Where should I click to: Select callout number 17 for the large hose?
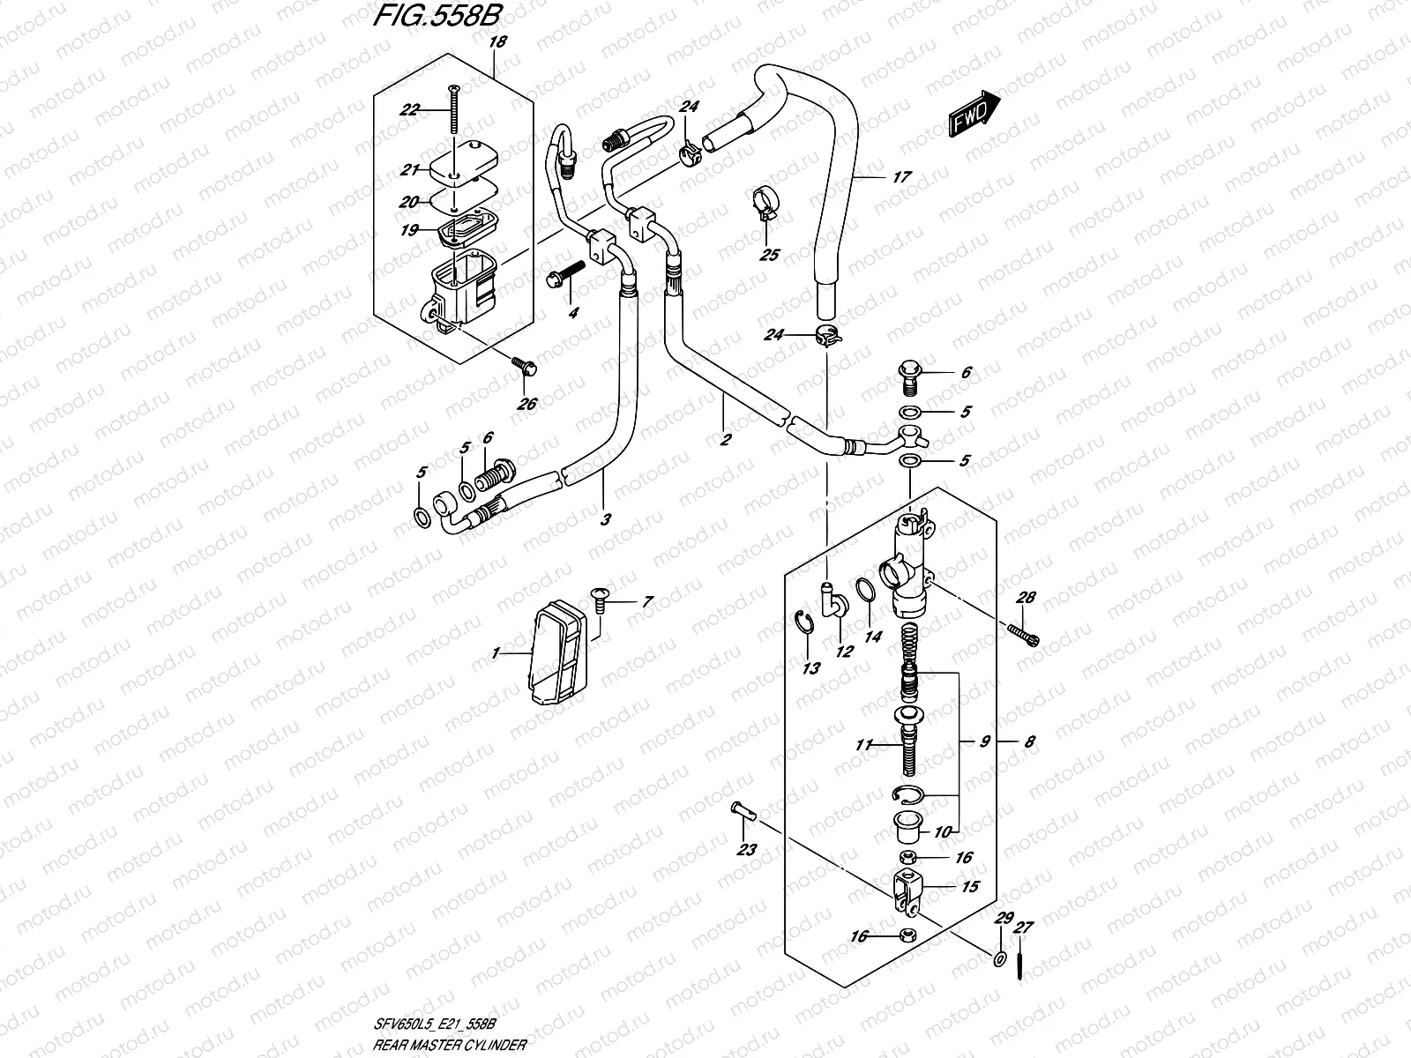point(900,176)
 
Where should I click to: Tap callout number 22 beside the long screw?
point(408,109)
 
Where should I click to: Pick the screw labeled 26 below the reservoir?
point(524,368)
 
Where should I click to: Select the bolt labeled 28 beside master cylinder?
point(1027,633)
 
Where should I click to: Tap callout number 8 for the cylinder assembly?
point(1029,742)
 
